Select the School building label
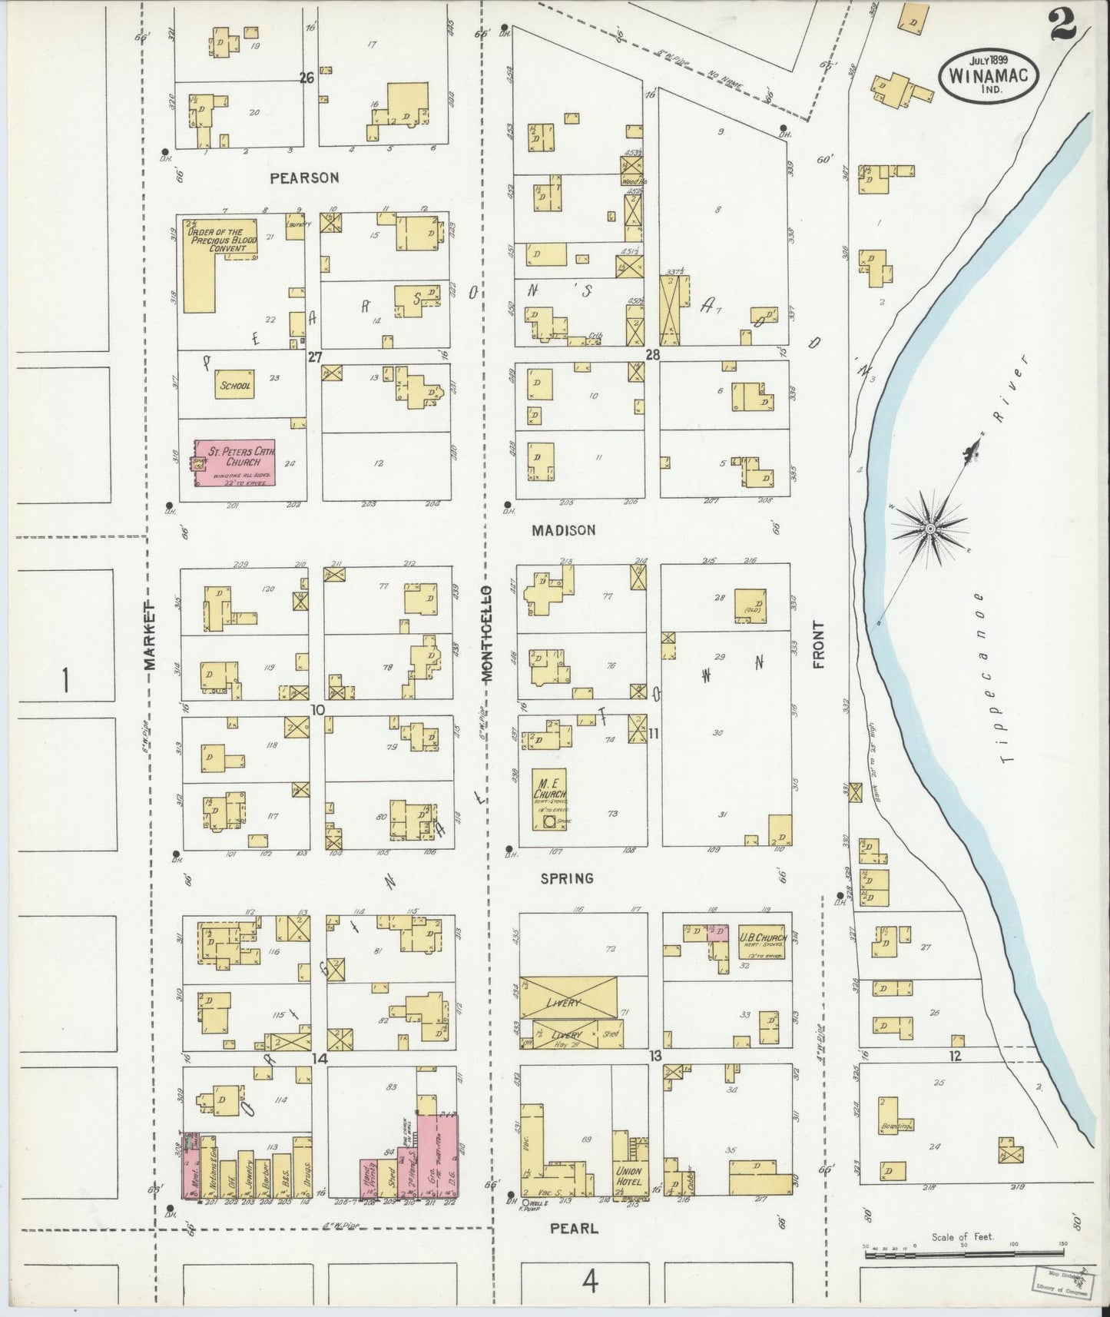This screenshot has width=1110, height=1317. coord(235,386)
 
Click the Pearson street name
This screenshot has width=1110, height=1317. coord(304,177)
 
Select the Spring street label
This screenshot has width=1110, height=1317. coord(567,877)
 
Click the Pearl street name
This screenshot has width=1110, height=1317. coord(575,1228)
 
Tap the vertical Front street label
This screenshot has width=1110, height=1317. coord(819,645)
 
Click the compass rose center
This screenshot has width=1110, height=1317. coord(929,529)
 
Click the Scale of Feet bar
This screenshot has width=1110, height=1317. coord(963,1253)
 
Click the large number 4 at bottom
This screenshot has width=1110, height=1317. coord(589,1281)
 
